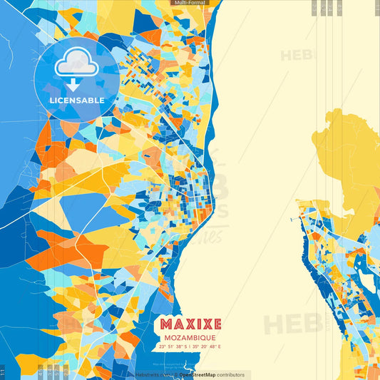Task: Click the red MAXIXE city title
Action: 190,324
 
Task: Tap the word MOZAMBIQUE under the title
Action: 190,337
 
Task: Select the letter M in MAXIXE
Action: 166,324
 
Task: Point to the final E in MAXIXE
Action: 215,324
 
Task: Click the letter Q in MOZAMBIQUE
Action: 205,337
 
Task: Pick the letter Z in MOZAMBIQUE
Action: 177,337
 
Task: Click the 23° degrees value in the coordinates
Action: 163,346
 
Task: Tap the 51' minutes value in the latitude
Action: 172,346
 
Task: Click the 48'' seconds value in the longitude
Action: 215,346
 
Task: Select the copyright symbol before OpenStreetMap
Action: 175,374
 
